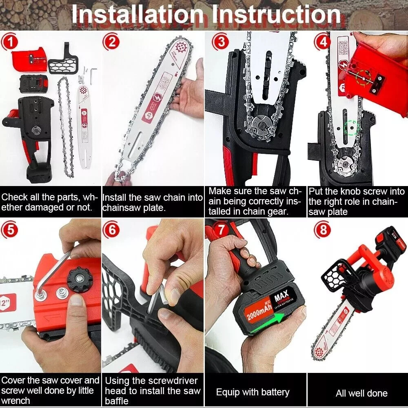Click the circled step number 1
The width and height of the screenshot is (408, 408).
[10, 43]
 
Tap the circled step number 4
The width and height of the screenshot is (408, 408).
[323, 42]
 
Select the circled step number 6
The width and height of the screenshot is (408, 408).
[112, 230]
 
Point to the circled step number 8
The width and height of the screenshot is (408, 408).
[323, 230]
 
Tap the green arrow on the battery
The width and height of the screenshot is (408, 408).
[268, 323]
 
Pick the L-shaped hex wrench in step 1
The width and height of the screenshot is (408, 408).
[93, 76]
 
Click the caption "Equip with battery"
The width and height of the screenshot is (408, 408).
[253, 392]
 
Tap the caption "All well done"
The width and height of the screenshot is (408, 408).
[361, 393]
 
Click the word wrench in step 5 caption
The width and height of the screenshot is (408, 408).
[16, 401]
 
